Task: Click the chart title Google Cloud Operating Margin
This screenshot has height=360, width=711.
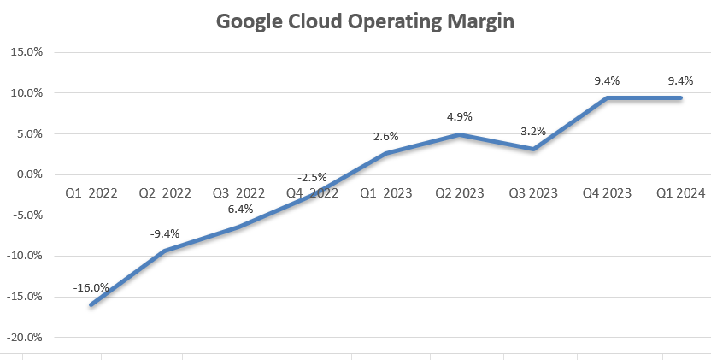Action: click(x=365, y=21)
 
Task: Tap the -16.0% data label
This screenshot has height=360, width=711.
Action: click(x=91, y=288)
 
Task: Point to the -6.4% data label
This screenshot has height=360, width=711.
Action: click(x=238, y=210)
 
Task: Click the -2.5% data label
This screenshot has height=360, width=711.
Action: click(x=312, y=177)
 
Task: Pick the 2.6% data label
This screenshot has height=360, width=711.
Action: click(x=385, y=137)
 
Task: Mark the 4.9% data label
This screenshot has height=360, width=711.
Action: click(x=459, y=117)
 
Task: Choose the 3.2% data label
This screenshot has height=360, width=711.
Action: click(x=533, y=132)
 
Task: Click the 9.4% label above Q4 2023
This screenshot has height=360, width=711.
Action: click(x=607, y=81)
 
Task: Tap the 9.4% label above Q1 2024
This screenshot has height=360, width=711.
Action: click(x=680, y=81)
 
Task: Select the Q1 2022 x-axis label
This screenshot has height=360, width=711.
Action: click(x=91, y=193)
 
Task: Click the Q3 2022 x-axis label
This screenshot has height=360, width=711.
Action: click(x=238, y=193)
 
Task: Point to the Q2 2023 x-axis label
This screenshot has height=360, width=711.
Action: click(x=459, y=193)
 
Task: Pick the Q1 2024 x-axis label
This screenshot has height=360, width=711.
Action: click(x=680, y=193)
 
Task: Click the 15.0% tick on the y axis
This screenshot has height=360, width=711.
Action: click(x=26, y=52)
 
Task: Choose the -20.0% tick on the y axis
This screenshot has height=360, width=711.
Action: click(x=24, y=337)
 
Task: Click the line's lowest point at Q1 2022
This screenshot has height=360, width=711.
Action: click(x=91, y=304)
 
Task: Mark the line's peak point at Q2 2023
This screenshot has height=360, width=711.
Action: click(x=459, y=134)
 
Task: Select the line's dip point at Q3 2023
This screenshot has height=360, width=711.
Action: click(x=533, y=149)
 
